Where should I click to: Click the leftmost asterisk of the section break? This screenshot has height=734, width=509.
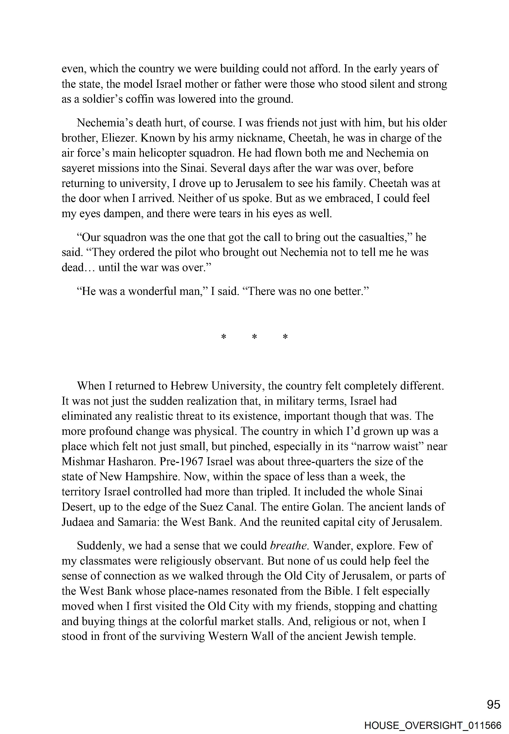(224, 337)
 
